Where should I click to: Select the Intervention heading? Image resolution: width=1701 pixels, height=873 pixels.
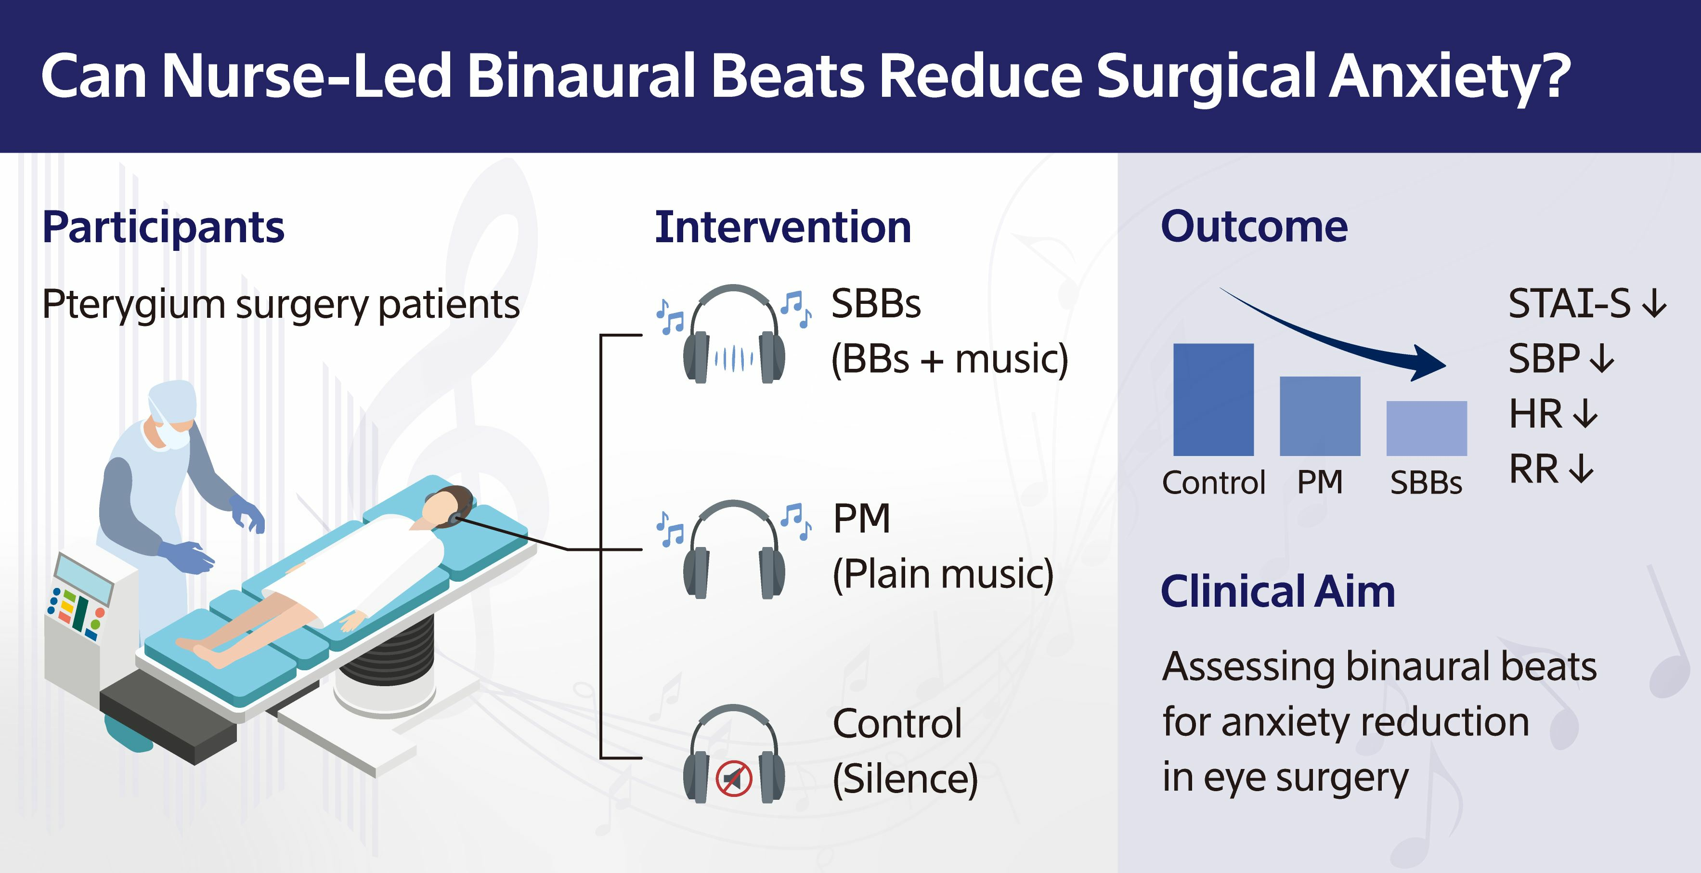(x=782, y=227)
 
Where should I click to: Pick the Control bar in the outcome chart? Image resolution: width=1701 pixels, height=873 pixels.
(x=1213, y=400)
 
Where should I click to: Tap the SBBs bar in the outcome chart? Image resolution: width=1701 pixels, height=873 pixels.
(x=1426, y=428)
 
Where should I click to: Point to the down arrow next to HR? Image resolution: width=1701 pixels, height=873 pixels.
(x=1585, y=414)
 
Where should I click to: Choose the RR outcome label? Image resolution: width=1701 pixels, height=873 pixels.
(x=1533, y=469)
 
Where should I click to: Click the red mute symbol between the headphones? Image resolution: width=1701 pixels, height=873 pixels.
(x=734, y=778)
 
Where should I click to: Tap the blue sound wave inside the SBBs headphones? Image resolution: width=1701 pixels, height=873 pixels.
(x=734, y=359)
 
